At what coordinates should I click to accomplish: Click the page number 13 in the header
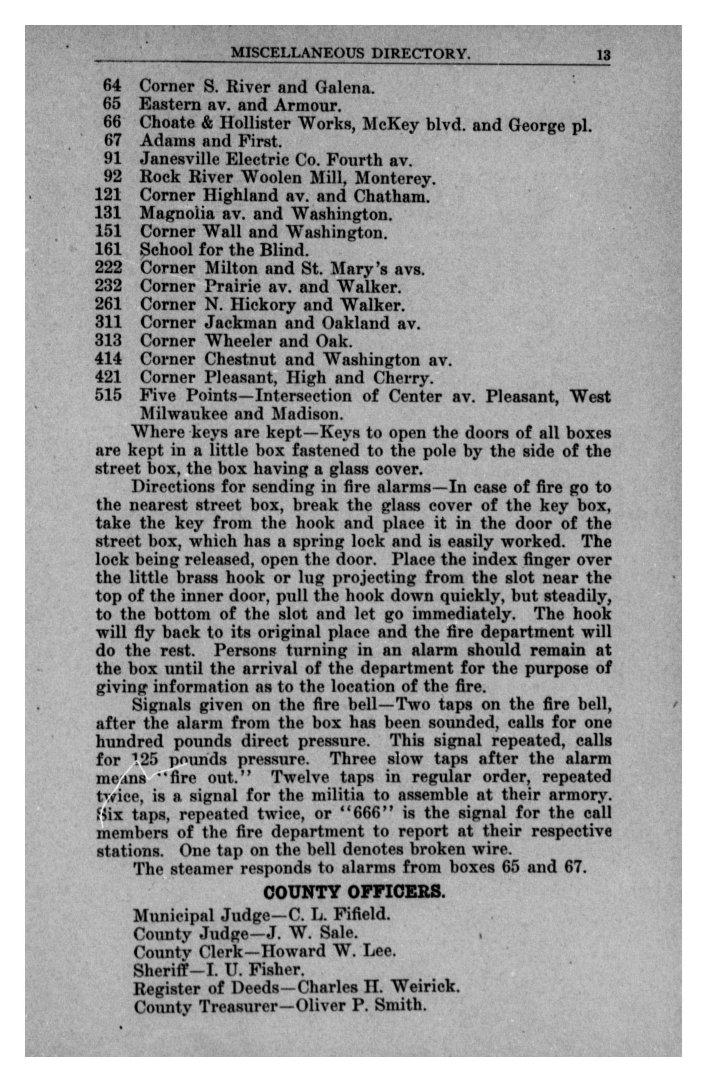point(603,55)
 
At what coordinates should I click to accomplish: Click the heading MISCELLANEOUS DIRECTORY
point(351,54)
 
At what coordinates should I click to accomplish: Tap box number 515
point(108,395)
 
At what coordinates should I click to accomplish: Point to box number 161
point(108,249)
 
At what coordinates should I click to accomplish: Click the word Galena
point(345,86)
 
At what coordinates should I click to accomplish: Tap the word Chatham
point(391,196)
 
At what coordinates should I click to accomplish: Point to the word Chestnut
point(240,359)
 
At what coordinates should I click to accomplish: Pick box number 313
point(108,341)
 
